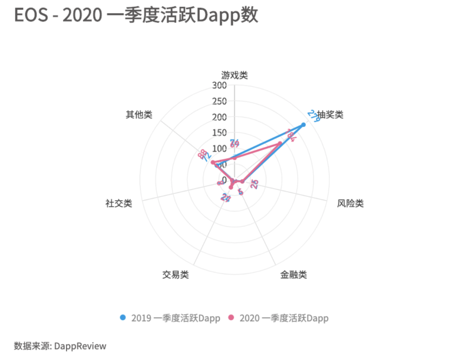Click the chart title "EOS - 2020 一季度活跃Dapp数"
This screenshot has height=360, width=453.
[x=136, y=16]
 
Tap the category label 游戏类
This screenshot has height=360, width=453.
[x=234, y=76]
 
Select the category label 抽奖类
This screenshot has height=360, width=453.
[x=330, y=115]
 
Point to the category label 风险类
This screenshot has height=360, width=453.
[x=350, y=204]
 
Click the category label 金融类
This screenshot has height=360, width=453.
[x=294, y=275]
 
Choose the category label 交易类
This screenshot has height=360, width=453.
[x=175, y=275]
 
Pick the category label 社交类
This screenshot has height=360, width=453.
[x=119, y=204]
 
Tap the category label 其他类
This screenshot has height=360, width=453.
[x=139, y=115]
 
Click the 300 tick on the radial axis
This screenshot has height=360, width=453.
[x=219, y=86]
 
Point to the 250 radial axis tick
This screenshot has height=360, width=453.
[x=219, y=102]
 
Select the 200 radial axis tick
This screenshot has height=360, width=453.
[x=219, y=117]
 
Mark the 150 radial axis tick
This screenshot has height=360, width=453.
[x=219, y=133]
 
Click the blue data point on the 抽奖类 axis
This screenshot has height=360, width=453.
[x=304, y=125]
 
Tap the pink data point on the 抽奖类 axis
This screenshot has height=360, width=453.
[x=280, y=144]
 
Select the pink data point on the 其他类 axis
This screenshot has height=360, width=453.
[x=213, y=162]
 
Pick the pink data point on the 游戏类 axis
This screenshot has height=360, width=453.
[x=234, y=158]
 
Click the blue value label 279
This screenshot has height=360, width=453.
[x=314, y=115]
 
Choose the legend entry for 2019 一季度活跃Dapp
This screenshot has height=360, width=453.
[x=170, y=318]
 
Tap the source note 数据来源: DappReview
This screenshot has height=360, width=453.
[x=60, y=346]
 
